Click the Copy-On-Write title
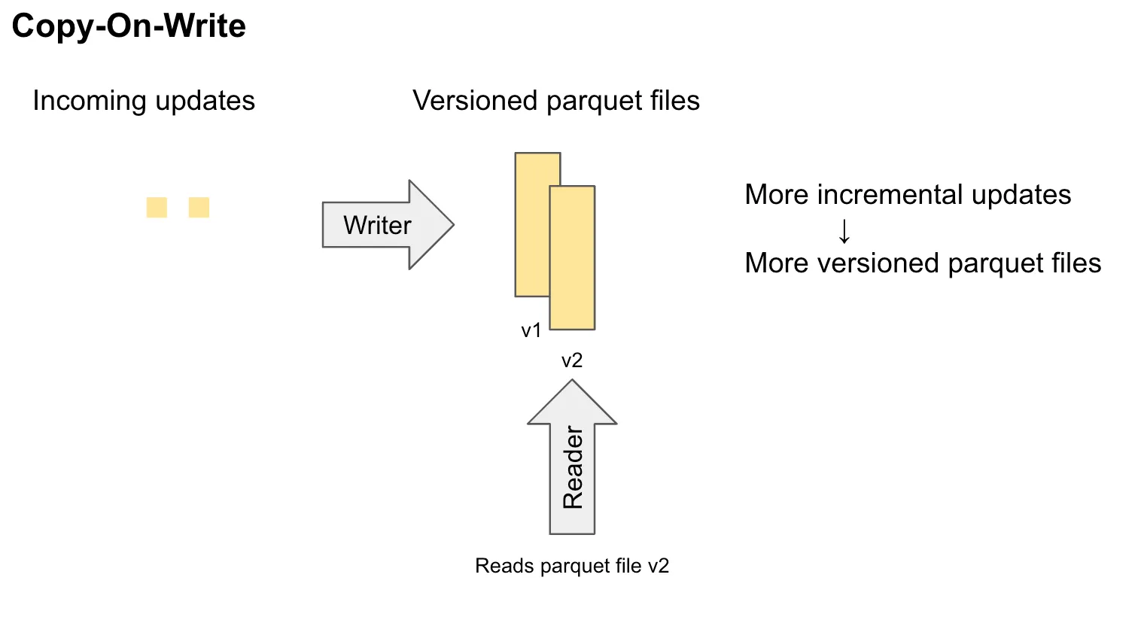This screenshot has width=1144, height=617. click(x=129, y=26)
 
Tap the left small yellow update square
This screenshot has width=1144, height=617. click(x=157, y=207)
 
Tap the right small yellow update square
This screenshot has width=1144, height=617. click(x=199, y=207)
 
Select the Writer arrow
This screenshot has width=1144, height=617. click(x=387, y=224)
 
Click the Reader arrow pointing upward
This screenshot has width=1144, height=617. click(x=572, y=457)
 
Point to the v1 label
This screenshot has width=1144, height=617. click(x=531, y=330)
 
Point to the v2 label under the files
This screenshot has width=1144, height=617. click(x=572, y=361)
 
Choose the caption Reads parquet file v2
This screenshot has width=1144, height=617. click(x=572, y=566)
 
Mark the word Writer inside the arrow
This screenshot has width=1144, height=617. click(x=377, y=225)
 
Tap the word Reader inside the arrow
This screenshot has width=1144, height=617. click(x=573, y=467)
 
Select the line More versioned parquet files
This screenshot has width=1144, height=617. click(x=923, y=263)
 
